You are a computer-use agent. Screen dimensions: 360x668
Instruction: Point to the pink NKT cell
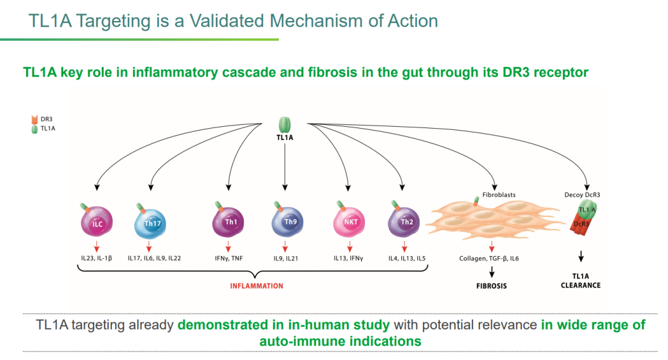351,222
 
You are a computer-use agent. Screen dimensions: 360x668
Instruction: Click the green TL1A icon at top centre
285,124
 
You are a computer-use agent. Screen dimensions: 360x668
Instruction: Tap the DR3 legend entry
43,118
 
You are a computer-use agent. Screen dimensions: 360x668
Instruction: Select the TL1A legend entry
43,129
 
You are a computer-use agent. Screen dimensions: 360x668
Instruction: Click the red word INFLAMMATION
256,286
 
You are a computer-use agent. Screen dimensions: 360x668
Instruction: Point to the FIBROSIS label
492,286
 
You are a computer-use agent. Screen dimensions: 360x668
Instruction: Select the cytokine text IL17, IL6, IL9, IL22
155,258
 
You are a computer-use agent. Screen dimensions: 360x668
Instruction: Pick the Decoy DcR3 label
582,194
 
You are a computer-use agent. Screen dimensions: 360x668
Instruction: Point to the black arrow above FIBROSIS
492,272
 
